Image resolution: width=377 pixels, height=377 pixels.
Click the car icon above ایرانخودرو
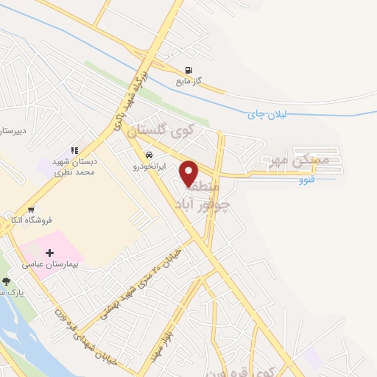point(149,156)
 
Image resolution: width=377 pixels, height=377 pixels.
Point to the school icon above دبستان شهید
point(74,150)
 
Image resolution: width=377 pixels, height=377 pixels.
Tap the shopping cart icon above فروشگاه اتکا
point(31,209)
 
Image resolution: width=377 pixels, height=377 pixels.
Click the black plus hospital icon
point(50,253)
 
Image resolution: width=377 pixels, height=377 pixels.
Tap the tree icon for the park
point(7,281)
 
